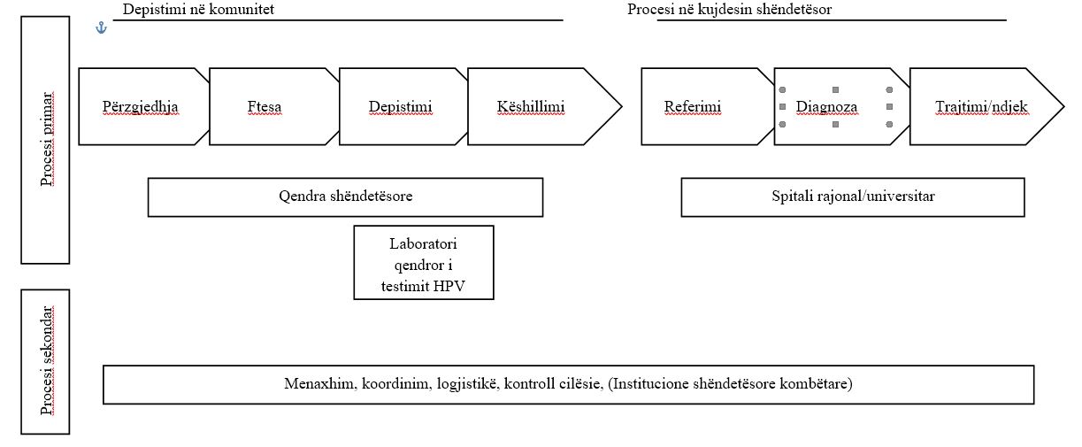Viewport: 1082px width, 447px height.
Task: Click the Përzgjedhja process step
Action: point(140,107)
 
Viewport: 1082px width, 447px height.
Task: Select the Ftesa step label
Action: point(265,107)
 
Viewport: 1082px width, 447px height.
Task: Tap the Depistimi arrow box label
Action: point(401,107)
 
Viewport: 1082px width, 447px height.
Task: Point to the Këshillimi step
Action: point(531,107)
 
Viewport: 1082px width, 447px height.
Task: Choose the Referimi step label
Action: point(693,107)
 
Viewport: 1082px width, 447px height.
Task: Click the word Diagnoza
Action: point(826,107)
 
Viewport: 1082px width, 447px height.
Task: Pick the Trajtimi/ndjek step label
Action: point(981,107)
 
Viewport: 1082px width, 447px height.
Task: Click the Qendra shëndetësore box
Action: point(345,197)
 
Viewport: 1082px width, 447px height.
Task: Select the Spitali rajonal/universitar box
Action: point(853,197)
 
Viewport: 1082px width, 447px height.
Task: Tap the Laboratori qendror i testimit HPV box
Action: point(424,262)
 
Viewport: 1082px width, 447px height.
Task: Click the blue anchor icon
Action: point(101,28)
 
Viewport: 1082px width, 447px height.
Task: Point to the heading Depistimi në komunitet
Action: point(198,9)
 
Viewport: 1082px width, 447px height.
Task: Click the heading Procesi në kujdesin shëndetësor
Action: point(729,9)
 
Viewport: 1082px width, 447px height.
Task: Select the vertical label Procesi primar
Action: point(47,139)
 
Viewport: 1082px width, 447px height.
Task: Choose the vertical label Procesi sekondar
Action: point(47,360)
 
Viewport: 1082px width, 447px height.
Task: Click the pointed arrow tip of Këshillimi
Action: point(621,107)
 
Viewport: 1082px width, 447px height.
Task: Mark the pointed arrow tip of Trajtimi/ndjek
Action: point(1063,107)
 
